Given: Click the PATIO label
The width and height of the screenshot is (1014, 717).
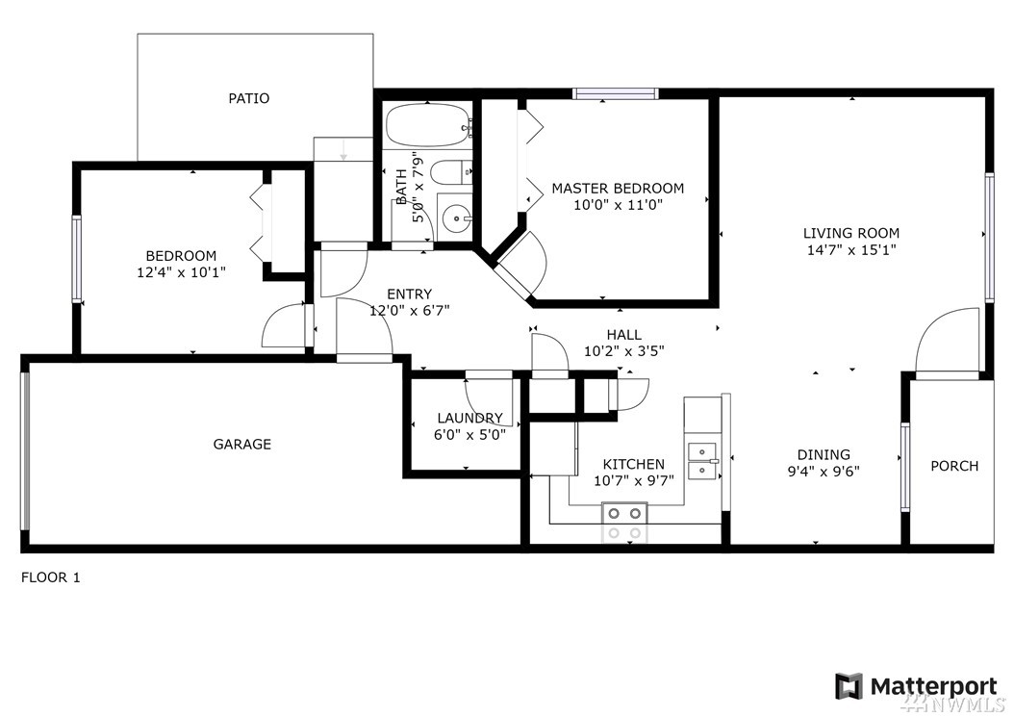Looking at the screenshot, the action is (x=249, y=98).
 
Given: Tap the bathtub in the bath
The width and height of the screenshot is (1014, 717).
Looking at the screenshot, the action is (x=427, y=124).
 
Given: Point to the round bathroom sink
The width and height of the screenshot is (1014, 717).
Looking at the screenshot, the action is (x=457, y=217).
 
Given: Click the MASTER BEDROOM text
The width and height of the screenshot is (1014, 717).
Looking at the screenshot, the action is (x=618, y=189).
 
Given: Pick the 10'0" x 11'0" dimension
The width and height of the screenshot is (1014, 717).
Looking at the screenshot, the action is (x=618, y=205).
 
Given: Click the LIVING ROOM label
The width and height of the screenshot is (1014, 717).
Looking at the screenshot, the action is (x=851, y=233).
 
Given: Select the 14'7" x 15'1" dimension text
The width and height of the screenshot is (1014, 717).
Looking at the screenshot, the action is (x=851, y=250).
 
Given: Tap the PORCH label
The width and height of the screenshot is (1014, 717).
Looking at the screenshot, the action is (x=954, y=466).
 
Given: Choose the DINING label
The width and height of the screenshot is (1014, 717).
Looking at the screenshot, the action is (x=824, y=454).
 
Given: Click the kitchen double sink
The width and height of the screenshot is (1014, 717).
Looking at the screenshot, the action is (x=702, y=461).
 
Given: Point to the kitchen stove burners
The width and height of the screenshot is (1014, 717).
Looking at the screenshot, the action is (x=624, y=523).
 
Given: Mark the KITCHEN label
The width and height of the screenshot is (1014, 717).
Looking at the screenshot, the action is (x=634, y=464).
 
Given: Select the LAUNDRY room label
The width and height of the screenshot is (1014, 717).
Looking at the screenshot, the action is (x=470, y=418).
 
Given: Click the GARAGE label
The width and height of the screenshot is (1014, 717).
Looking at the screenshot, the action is (x=241, y=444).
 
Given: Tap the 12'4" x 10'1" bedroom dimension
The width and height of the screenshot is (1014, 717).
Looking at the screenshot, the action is (x=181, y=272).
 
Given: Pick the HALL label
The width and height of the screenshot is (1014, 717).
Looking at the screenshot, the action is (x=624, y=335).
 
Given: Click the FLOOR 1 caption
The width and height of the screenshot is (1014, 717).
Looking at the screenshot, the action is (x=50, y=577).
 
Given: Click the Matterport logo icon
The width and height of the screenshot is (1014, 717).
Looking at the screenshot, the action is (x=849, y=686).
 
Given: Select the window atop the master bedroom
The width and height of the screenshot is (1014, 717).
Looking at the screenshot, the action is (x=616, y=93).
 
